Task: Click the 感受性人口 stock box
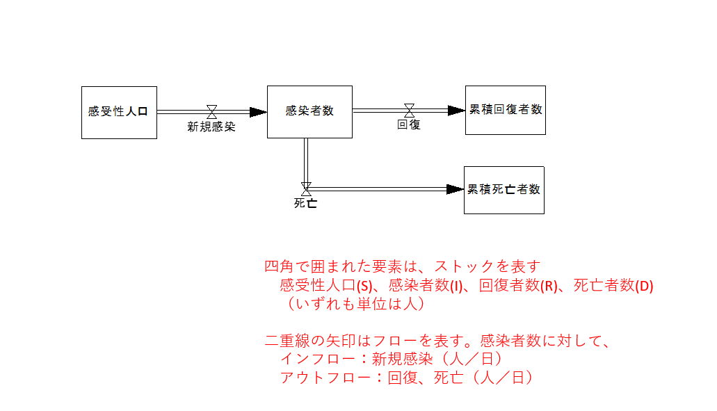tap(119, 112)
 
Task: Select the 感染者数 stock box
tap(309, 112)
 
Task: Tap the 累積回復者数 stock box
tap(506, 110)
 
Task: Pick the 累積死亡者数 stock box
tap(504, 190)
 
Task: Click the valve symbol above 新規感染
tap(211, 111)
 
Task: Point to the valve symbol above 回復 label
tap(409, 110)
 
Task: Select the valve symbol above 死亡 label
tap(305, 188)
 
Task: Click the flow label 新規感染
tap(211, 127)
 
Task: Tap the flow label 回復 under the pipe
tap(409, 125)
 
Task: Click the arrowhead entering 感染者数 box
tap(259, 111)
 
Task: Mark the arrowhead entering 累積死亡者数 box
tap(456, 189)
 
